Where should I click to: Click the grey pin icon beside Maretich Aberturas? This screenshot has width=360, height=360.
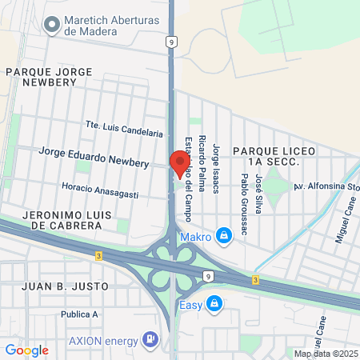pos(53,25)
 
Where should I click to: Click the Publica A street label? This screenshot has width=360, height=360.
pos(78,314)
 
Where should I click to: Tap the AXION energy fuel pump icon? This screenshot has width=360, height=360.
pos(149,339)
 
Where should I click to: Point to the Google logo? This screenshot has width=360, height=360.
pos(26,350)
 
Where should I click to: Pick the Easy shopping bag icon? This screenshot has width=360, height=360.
pos(214,303)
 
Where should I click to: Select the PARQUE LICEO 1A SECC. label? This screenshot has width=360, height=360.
pos(266,156)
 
